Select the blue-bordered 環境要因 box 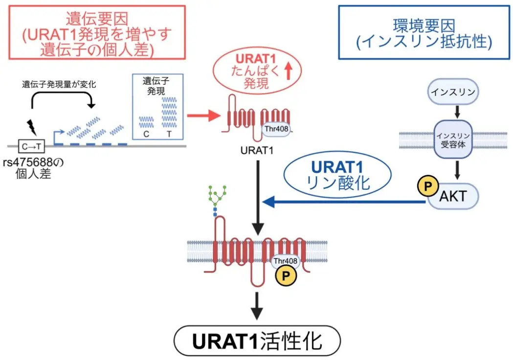pyautogui.click(x=424, y=32)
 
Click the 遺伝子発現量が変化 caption pyautogui.click(x=59, y=84)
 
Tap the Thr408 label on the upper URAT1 pyautogui.click(x=276, y=130)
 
